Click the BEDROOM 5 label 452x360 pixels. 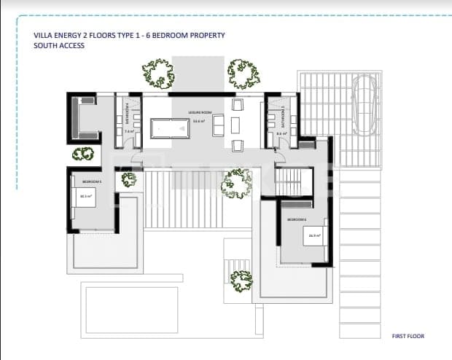click(x=91, y=180)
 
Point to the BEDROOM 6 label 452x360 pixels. click(x=297, y=219)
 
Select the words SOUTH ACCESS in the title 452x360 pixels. click(x=59, y=45)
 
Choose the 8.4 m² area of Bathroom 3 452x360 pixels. click(x=281, y=133)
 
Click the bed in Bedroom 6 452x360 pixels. click(x=315, y=236)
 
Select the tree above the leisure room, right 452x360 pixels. click(x=243, y=74)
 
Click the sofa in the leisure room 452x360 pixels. click(x=219, y=126)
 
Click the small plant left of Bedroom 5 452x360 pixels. click(x=84, y=154)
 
